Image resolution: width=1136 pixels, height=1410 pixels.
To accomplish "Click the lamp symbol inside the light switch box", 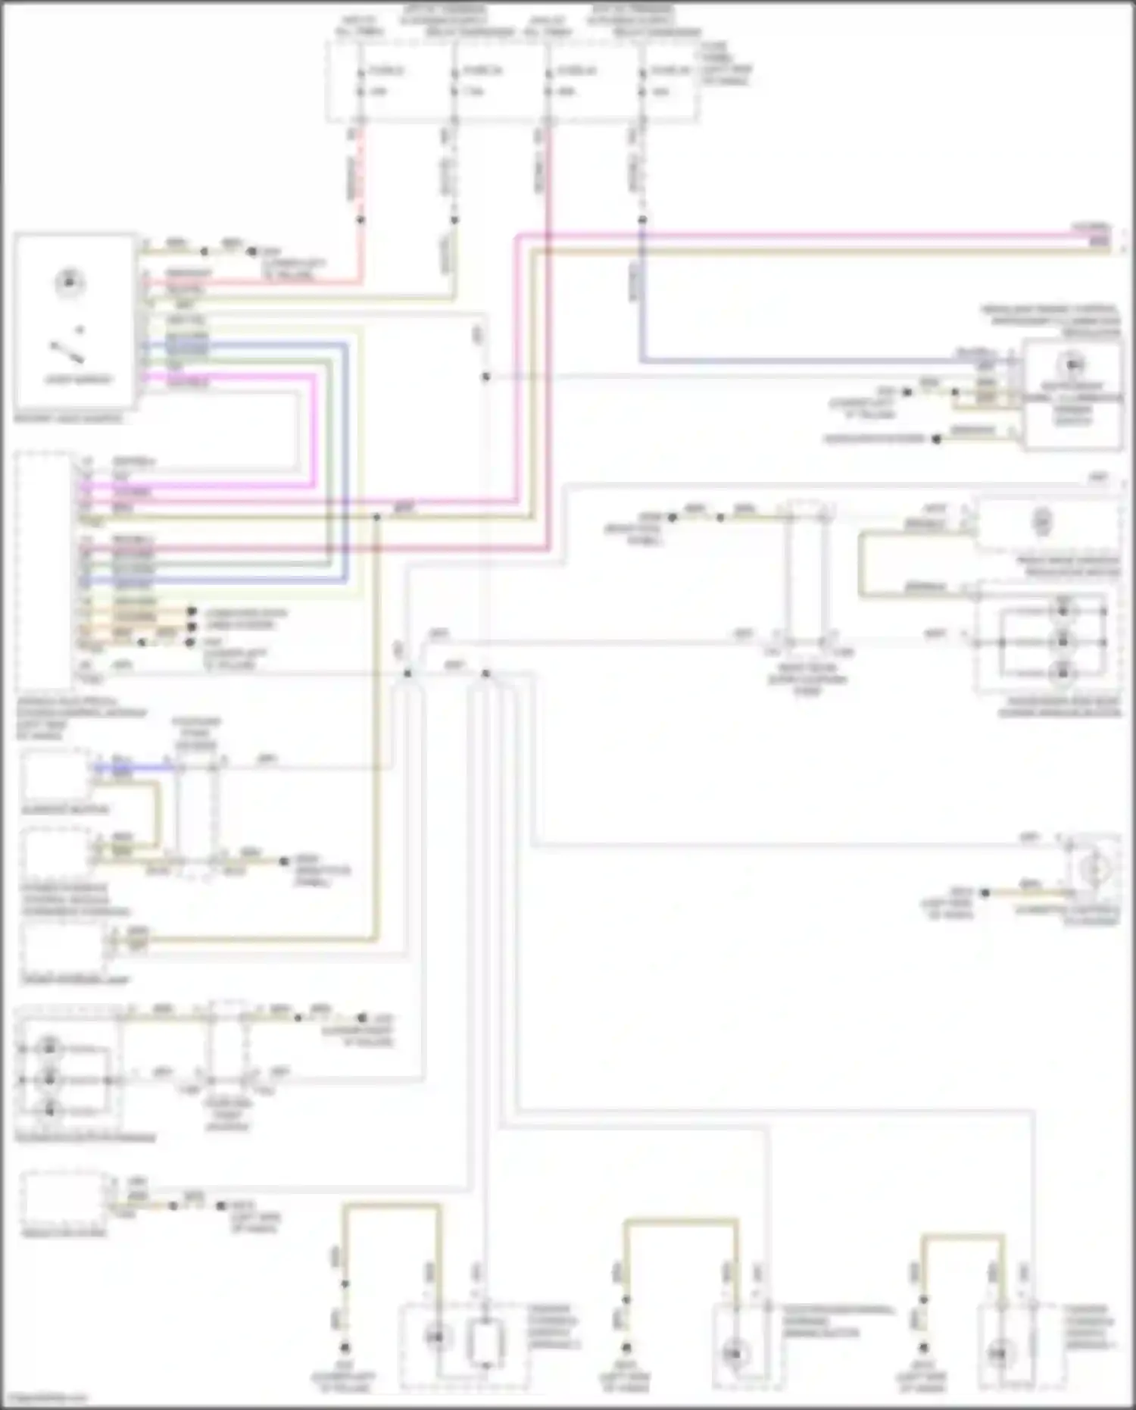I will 69,282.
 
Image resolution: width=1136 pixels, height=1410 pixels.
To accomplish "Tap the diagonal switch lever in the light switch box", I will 67,352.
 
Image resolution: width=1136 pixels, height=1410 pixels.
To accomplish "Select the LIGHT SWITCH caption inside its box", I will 78,380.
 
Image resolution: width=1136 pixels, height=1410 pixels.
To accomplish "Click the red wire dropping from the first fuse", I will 361,174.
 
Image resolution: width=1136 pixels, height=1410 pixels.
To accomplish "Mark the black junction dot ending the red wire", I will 361,220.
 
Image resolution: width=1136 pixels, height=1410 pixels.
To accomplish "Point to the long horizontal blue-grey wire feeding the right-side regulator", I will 795,361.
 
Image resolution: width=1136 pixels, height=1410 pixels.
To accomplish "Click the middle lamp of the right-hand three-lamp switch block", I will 1063,642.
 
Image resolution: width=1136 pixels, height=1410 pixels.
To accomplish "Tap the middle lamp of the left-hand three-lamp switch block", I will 50,1079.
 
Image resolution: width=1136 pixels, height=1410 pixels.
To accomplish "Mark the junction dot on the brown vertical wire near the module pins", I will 376,517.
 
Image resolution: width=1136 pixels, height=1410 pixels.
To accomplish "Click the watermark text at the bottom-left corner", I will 43,1399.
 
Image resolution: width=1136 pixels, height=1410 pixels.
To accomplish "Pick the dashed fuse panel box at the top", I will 513,81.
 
